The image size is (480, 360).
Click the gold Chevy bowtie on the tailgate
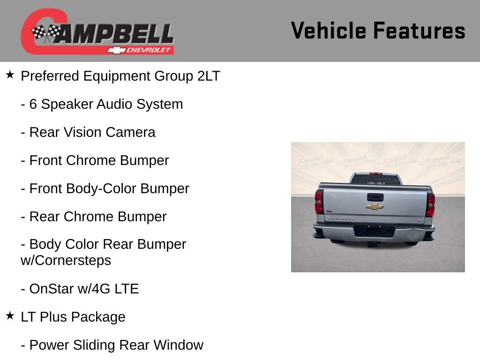click(x=375, y=207)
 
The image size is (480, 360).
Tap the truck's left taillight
click(x=319, y=202)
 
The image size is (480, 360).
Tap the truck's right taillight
click(x=430, y=204)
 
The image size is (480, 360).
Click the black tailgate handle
click(x=375, y=197)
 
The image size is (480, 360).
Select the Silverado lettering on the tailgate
click(x=341, y=218)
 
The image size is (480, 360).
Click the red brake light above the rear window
click(x=376, y=174)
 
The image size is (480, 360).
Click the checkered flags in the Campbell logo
click(x=46, y=33)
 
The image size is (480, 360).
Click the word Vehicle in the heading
click(x=328, y=31)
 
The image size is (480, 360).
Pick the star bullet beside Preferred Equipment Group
click(x=10, y=75)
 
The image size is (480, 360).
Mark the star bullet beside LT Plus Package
click(x=10, y=316)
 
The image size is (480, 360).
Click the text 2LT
click(x=209, y=76)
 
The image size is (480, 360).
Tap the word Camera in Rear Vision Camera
click(x=130, y=133)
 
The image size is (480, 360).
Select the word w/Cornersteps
click(x=66, y=260)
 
